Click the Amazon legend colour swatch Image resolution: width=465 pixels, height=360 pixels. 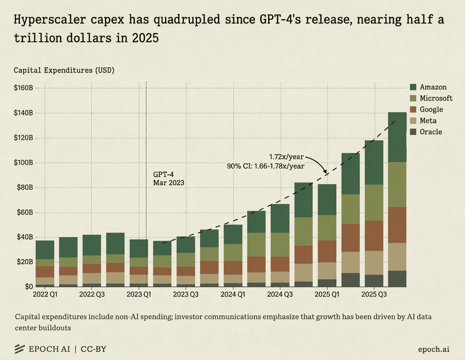pyautogui.click(x=413, y=87)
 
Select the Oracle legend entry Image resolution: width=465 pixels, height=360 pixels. pyautogui.click(x=426, y=132)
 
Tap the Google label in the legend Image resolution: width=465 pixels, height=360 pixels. pyautogui.click(x=431, y=109)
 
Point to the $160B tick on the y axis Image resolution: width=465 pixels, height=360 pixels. pyautogui.click(x=23, y=88)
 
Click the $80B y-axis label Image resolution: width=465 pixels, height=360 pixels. pyautogui.click(x=23, y=187)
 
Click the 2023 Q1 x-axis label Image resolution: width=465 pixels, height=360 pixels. pyautogui.click(x=139, y=294)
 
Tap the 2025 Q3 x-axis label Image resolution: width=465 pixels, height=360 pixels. pyautogui.click(x=374, y=294)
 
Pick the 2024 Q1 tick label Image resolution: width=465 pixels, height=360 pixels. pyautogui.click(x=233, y=294)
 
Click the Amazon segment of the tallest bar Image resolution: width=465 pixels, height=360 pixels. pyautogui.click(x=397, y=137)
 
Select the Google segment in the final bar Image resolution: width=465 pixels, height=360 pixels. pyautogui.click(x=397, y=225)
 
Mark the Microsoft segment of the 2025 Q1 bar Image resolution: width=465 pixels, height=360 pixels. pyautogui.click(x=327, y=227)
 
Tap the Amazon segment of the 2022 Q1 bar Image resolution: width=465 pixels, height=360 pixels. pyautogui.click(x=45, y=250)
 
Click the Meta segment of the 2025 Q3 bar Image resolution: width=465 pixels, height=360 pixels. pyautogui.click(x=374, y=263)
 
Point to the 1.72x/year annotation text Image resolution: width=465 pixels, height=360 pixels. pyautogui.click(x=286, y=157)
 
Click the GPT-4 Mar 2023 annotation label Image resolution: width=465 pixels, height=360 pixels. pyautogui.click(x=168, y=178)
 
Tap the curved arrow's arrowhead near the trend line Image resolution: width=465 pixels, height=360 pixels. pyautogui.click(x=325, y=171)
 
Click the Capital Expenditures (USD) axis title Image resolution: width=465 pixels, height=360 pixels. pyautogui.click(x=64, y=70)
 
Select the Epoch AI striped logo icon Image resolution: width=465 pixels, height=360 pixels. pyautogui.click(x=20, y=349)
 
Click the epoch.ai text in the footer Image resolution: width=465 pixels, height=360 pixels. pyautogui.click(x=433, y=349)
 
